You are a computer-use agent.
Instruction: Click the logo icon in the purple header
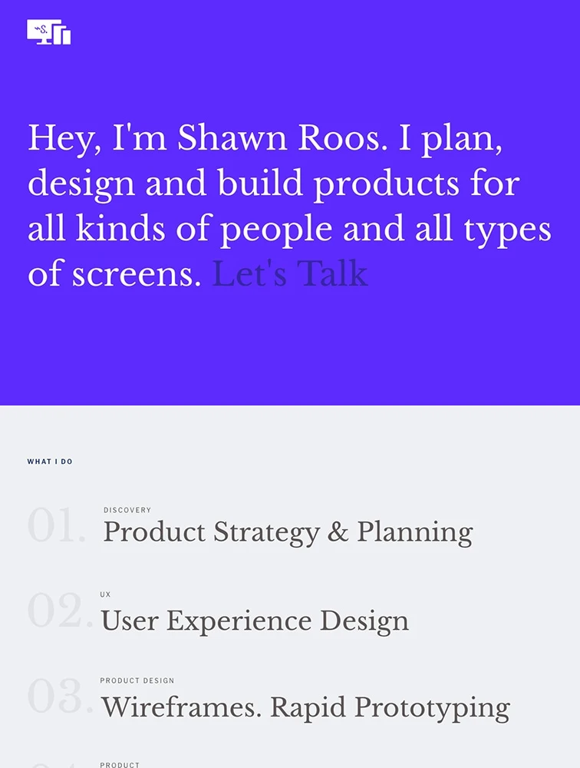[x=49, y=31]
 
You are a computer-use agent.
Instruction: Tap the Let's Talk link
[x=290, y=273]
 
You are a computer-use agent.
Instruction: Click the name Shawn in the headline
[x=232, y=137]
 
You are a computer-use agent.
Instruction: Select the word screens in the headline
[x=137, y=275]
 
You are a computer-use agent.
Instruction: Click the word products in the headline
[x=387, y=184]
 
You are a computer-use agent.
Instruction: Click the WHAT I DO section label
[x=50, y=462]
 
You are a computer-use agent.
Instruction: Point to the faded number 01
[x=57, y=525]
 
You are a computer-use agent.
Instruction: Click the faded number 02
[x=60, y=611]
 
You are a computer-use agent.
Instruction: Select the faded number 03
[x=60, y=696]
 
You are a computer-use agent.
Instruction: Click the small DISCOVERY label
[x=127, y=510]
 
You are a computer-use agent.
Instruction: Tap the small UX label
[x=105, y=594]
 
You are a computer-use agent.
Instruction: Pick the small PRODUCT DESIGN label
[x=137, y=680]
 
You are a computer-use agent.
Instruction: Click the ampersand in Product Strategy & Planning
[x=338, y=531]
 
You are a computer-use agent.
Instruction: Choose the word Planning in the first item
[x=415, y=534]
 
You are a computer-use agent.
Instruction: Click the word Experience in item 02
[x=239, y=622]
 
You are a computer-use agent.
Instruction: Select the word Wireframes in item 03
[x=182, y=707]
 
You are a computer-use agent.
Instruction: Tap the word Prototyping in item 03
[x=432, y=709]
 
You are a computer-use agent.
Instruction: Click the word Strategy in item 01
[x=267, y=534]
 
